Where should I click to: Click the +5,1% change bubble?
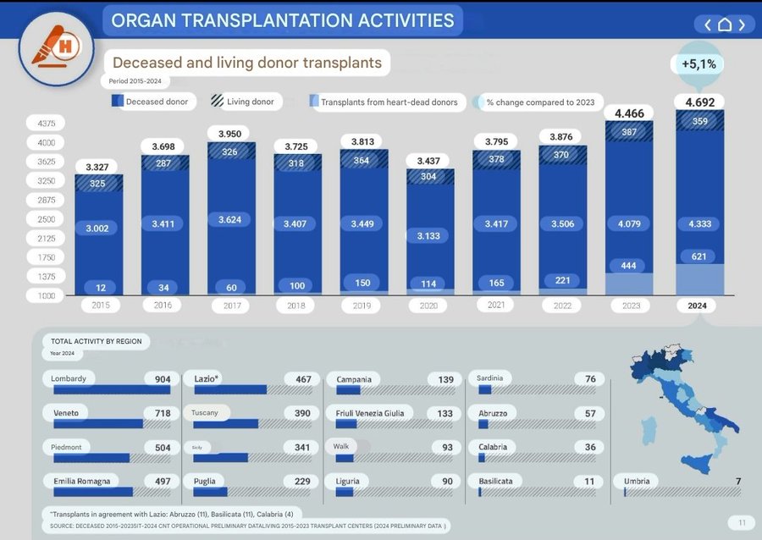click(x=699, y=63)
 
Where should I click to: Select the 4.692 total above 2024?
click(x=699, y=102)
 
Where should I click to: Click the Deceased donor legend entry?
click(x=152, y=102)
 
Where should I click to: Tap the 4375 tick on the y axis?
click(x=46, y=124)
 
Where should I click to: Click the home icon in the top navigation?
click(x=724, y=25)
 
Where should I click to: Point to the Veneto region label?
click(x=68, y=413)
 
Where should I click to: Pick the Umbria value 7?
click(x=738, y=481)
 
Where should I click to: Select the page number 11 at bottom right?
click(x=741, y=522)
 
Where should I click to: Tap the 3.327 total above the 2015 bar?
click(x=98, y=166)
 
